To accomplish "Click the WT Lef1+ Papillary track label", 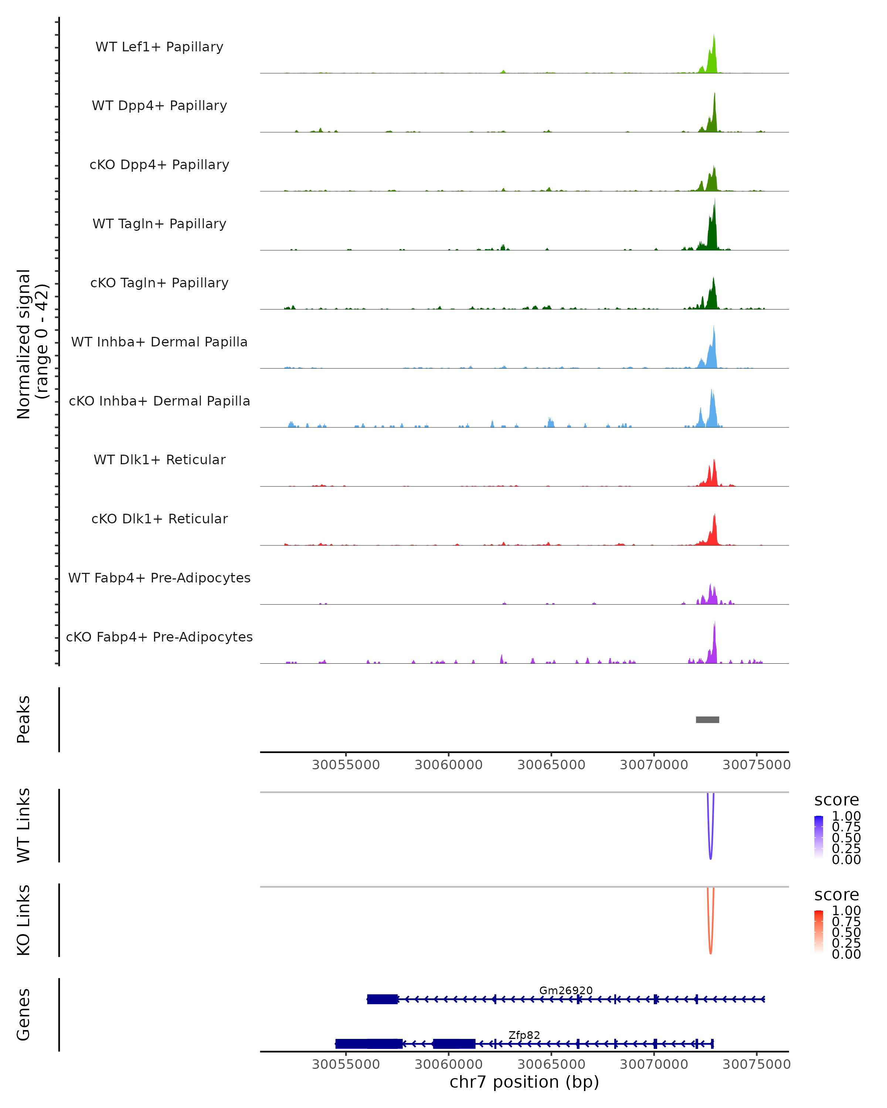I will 159,47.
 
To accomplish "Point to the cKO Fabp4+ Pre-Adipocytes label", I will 159,637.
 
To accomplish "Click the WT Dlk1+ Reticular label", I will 159,459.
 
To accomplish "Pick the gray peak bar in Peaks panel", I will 707,719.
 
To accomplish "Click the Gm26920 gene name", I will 565,990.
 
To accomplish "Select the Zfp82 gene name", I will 524,1035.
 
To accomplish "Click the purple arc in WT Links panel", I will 711,853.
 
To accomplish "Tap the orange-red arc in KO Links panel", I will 711,948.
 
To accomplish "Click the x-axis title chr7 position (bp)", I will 524,1082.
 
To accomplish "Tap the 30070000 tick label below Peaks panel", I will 653,765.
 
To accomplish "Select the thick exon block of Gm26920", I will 382,999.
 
